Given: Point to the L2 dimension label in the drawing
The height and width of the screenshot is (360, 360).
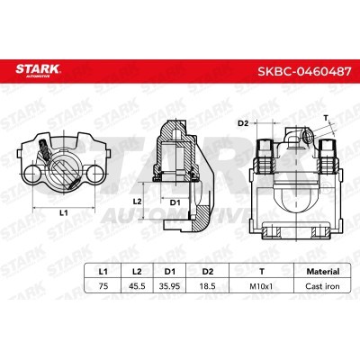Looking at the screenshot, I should point(137,202).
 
